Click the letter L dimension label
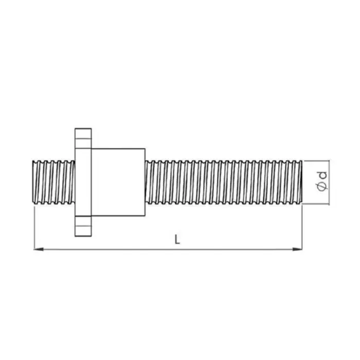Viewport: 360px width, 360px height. [177, 240]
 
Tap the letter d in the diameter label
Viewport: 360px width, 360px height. [323, 175]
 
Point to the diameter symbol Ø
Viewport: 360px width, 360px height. [322, 187]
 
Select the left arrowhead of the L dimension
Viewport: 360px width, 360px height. [39, 249]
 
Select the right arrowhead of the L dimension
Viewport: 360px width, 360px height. [298, 249]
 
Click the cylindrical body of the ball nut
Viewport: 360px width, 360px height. [118, 182]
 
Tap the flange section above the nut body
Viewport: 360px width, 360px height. [83, 138]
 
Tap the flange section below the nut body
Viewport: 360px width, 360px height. [83, 226]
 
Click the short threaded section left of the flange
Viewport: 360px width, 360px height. [53, 182]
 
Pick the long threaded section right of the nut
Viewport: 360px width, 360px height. [224, 182]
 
